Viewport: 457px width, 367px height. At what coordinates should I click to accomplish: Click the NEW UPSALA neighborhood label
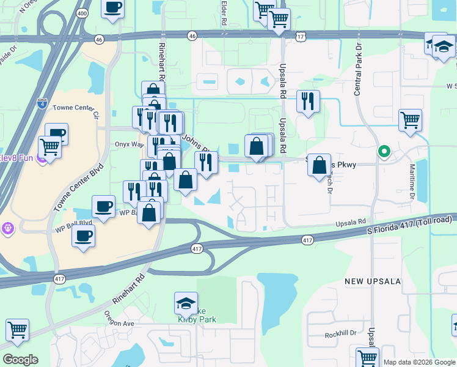click(x=372, y=281)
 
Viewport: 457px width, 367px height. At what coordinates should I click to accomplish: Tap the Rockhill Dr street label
click(x=340, y=334)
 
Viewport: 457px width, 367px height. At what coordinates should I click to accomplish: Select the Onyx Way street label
click(x=129, y=145)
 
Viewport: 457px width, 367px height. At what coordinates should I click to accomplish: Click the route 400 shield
click(x=81, y=13)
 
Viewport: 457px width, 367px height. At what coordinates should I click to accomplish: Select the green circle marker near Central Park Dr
click(x=384, y=151)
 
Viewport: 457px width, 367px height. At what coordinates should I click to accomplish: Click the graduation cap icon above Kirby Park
click(x=186, y=303)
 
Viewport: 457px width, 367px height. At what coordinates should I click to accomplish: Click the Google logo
click(x=20, y=360)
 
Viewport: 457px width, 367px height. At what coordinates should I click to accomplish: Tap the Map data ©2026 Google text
click(x=419, y=362)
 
